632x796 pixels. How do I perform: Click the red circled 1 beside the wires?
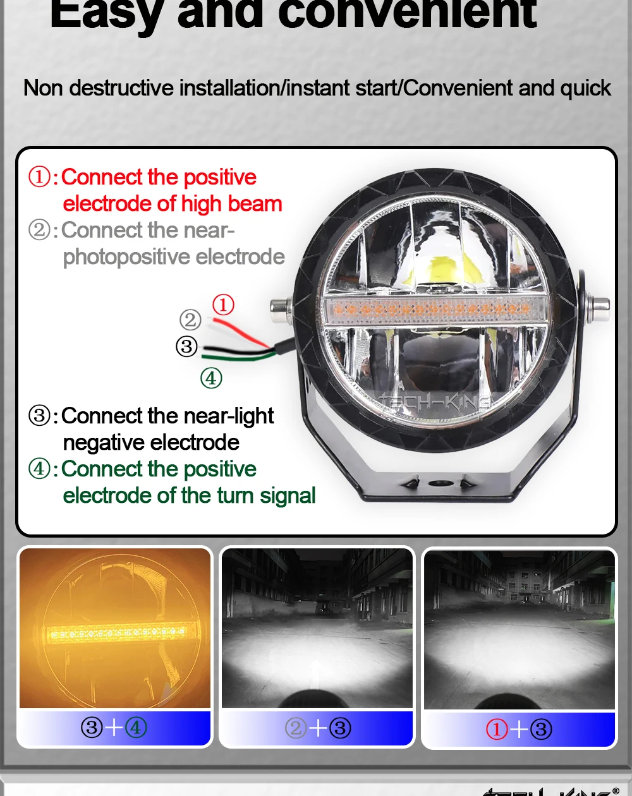223,305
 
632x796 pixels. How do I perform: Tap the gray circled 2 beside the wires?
190,320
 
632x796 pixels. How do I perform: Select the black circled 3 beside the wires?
186,346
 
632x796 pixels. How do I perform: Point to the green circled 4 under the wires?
211,378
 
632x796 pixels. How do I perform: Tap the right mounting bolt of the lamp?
597,308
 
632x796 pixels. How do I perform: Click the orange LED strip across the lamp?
428,309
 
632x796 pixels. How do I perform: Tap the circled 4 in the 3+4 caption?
136,728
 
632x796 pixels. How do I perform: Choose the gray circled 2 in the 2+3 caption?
295,728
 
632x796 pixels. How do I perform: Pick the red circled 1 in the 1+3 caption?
497,729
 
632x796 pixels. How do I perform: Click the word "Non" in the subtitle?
44,88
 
